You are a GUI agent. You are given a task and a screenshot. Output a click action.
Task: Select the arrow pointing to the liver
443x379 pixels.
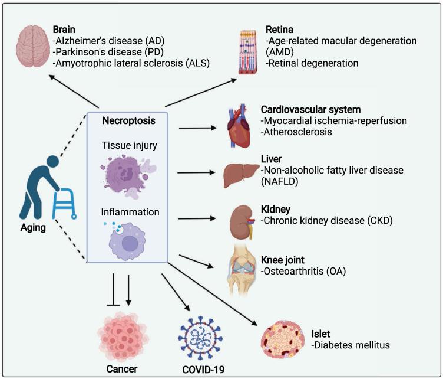pyautogui.click(x=196, y=173)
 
